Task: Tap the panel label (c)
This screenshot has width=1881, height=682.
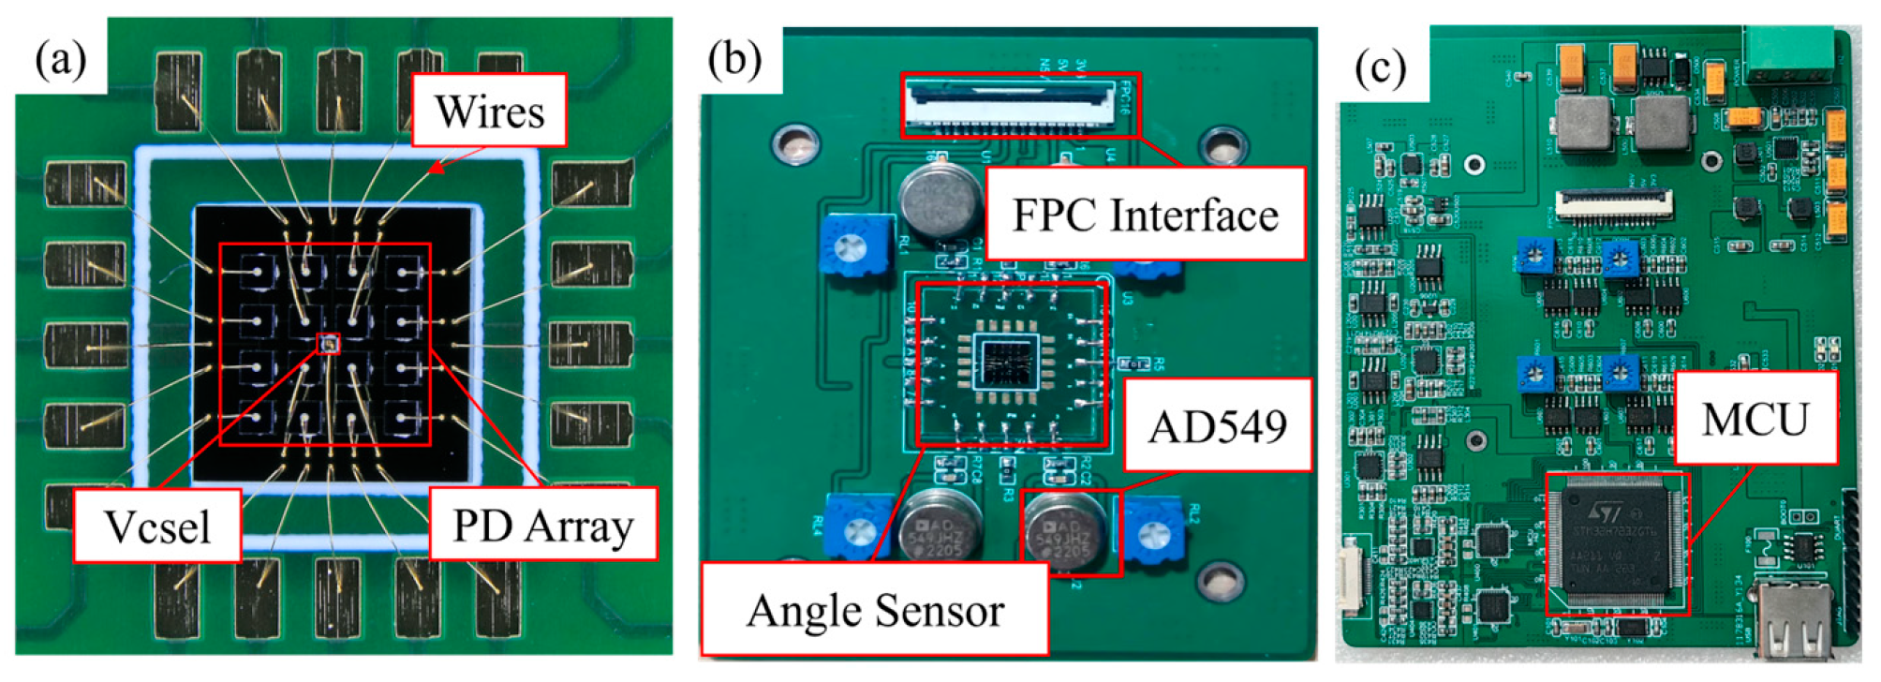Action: [1381, 68]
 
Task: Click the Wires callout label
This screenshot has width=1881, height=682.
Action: [489, 111]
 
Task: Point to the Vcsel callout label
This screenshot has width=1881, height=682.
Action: [157, 526]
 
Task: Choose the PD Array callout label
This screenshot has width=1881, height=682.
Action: [543, 525]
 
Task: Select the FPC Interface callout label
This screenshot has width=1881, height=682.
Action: [1145, 215]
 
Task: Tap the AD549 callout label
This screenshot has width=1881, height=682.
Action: [1217, 426]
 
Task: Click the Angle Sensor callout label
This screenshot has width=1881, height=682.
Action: [875, 610]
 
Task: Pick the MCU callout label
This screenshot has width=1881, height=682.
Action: [1755, 419]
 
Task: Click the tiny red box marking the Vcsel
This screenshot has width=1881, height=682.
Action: [328, 344]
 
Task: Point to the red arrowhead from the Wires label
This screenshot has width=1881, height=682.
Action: [435, 169]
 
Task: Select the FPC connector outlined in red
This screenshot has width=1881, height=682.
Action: [1021, 105]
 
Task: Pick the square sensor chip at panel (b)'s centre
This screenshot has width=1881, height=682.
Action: [1008, 361]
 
